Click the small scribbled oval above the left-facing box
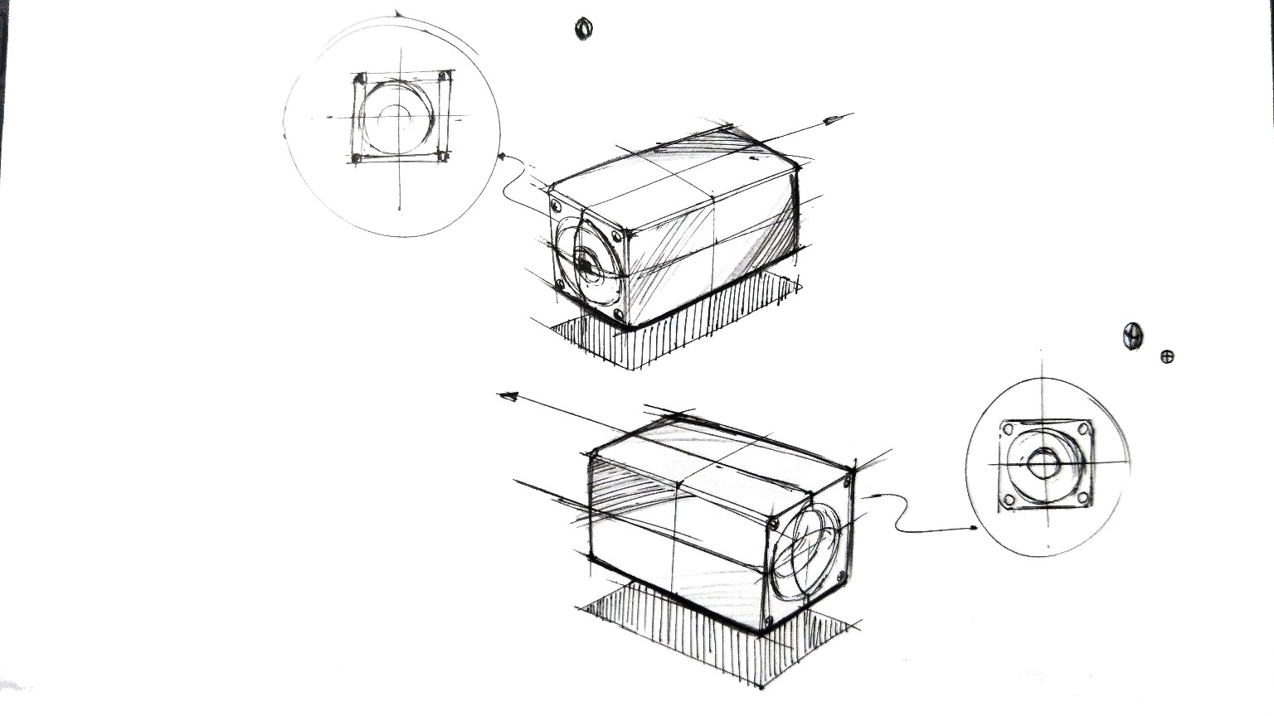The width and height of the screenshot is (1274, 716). coord(584,29)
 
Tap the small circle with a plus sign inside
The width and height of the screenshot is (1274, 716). coord(1167,357)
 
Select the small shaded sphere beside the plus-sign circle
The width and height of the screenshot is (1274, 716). coord(1132,335)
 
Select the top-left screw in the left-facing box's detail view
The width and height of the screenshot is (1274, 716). coord(360,80)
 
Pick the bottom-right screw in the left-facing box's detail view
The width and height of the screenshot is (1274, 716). coord(443,155)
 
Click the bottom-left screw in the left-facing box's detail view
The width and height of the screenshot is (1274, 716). coord(356,157)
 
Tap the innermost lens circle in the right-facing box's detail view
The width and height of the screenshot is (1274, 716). coord(1041,464)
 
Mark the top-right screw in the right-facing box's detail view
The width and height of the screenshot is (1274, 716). coord(1083,429)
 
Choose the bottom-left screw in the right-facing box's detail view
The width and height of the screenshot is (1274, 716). coord(1009,500)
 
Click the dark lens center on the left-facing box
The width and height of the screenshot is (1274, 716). coord(586,267)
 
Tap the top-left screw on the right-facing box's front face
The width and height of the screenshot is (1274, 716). coord(773,524)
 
